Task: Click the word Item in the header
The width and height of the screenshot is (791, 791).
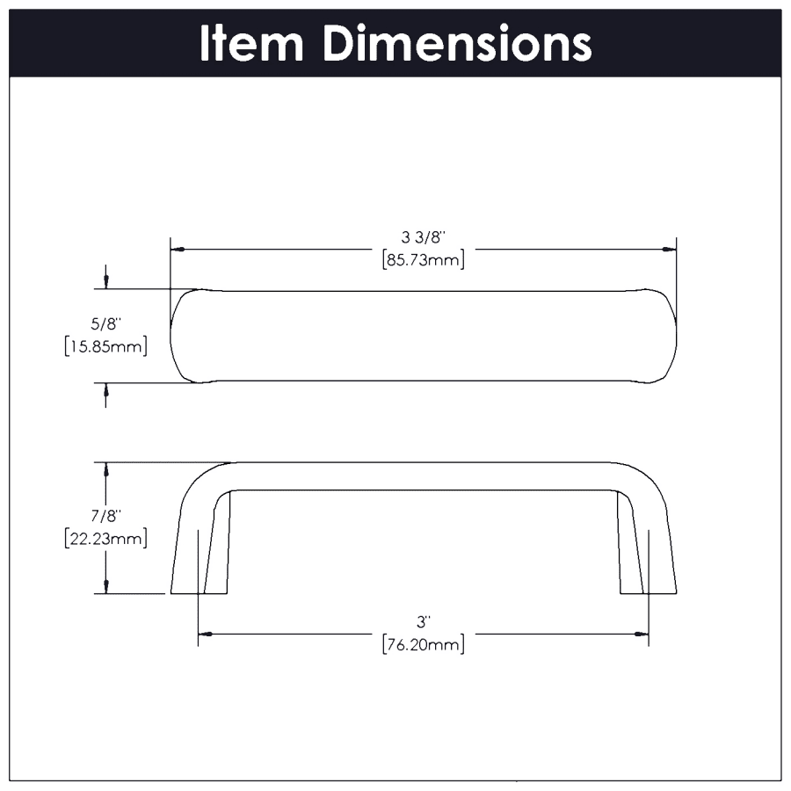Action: point(251,43)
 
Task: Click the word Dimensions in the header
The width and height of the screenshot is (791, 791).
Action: point(457,43)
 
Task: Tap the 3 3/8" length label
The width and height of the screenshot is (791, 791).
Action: point(424,236)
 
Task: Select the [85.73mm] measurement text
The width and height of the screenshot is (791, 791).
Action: point(424,260)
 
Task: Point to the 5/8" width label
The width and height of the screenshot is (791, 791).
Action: point(106,323)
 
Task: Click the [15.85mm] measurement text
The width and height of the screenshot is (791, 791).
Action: point(106,346)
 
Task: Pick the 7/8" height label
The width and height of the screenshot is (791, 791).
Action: point(106,516)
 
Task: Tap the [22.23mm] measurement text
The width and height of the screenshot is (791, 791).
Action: point(106,539)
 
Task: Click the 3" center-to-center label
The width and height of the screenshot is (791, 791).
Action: point(423,622)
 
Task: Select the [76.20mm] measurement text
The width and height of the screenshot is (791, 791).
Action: point(424,645)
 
